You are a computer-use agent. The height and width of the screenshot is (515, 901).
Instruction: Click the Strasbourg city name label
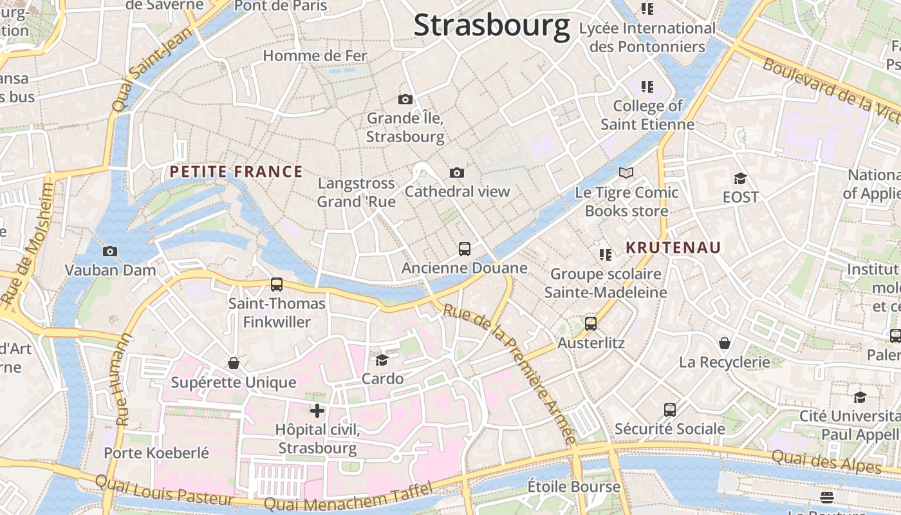(492, 26)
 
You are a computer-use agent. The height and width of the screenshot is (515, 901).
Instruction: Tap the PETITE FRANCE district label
(236, 172)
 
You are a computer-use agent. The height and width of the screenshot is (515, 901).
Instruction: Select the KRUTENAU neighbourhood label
(674, 248)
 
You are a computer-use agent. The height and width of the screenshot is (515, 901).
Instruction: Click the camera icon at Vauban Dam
(110, 251)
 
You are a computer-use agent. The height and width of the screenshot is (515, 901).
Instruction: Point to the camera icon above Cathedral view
(457, 173)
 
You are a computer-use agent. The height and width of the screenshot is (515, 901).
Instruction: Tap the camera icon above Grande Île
(405, 99)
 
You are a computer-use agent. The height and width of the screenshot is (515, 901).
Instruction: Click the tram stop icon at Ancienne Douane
(464, 248)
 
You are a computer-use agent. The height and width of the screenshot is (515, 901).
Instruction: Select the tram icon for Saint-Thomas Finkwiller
(277, 284)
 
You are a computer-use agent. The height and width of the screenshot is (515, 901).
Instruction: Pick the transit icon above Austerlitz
(591, 324)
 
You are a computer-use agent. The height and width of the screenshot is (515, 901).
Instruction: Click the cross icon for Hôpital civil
(317, 410)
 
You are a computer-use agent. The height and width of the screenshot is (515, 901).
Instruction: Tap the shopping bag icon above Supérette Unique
(234, 364)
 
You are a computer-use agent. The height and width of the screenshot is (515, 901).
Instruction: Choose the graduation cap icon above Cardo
(382, 360)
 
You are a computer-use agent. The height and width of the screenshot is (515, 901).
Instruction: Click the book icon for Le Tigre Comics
(626, 173)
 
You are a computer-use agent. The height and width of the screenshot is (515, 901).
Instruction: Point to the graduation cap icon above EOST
(740, 178)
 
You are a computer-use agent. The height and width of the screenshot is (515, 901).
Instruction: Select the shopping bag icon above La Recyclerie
(725, 343)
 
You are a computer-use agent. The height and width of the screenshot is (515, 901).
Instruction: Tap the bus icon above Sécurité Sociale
(670, 409)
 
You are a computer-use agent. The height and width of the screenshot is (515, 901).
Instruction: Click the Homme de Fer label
(315, 56)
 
